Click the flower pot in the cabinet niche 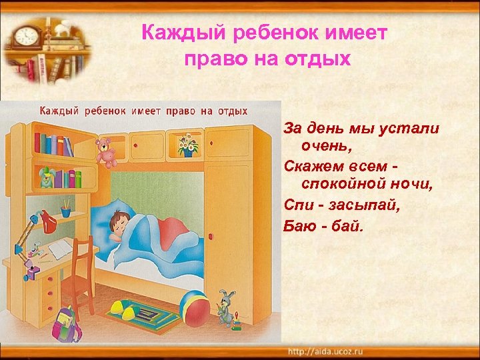click(187, 146)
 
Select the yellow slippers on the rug click(126, 310)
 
